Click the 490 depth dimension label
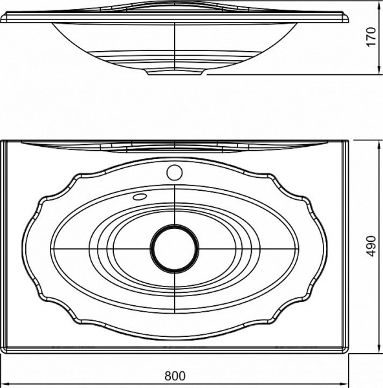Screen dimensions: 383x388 click(371, 246)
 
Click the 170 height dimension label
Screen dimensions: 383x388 click(371, 37)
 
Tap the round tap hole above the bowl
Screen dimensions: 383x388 click(175, 173)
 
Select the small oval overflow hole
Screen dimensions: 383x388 click(140, 197)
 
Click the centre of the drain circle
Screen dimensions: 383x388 click(175, 249)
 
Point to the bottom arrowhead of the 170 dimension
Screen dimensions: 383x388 click(379, 70)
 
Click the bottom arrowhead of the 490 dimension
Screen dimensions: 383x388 click(379, 349)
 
